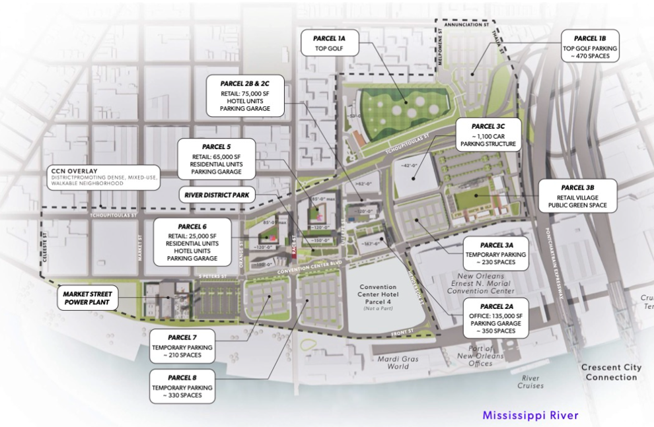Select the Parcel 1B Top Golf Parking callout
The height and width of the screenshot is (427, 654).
click(x=590, y=45)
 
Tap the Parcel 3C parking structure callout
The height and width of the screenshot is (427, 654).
click(x=488, y=135)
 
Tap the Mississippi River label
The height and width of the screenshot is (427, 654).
click(x=530, y=415)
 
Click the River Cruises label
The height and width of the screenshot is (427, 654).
click(x=530, y=381)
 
